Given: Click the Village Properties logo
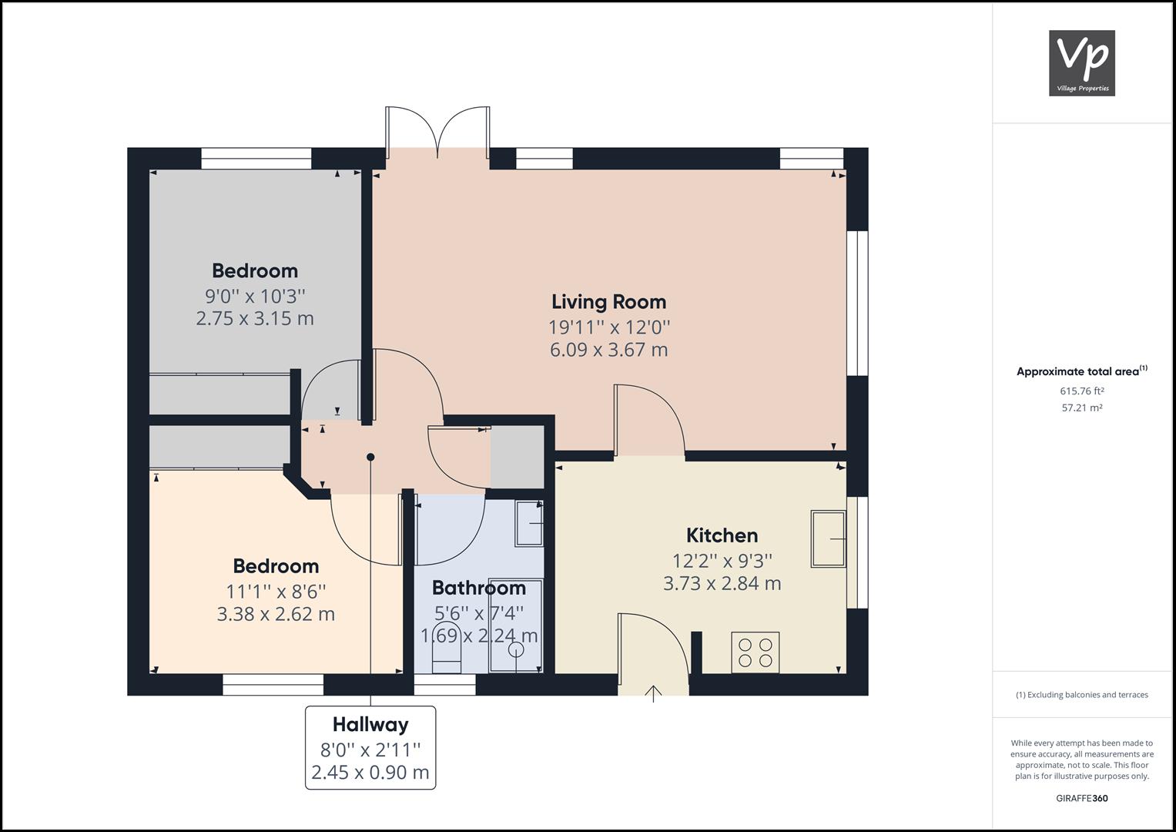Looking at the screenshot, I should pos(1081,63).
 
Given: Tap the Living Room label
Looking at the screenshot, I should pos(608,302).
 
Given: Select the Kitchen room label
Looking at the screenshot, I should pos(722,535).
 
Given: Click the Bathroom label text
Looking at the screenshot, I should pos(478,588).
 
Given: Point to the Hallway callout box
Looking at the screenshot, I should pos(370,747).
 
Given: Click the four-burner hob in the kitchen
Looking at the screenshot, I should pos(756,652).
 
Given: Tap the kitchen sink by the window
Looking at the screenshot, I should pos(829,538).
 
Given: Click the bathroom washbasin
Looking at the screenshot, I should pos(529,523).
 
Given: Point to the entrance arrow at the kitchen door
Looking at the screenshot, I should pos(653,693).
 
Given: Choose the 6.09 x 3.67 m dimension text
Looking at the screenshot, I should pos(608,350).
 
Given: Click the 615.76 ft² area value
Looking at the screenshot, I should pos(1081,391).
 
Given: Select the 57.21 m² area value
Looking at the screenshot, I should pos(1081,408).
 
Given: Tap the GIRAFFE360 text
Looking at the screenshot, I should pos(1081,798).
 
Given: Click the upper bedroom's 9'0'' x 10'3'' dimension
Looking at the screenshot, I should pos(255,296).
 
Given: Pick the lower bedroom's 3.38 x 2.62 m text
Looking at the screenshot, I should pos(276,614).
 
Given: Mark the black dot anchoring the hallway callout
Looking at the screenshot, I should pos(370,457).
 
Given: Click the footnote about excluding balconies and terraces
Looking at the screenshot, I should pos(1081,695).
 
